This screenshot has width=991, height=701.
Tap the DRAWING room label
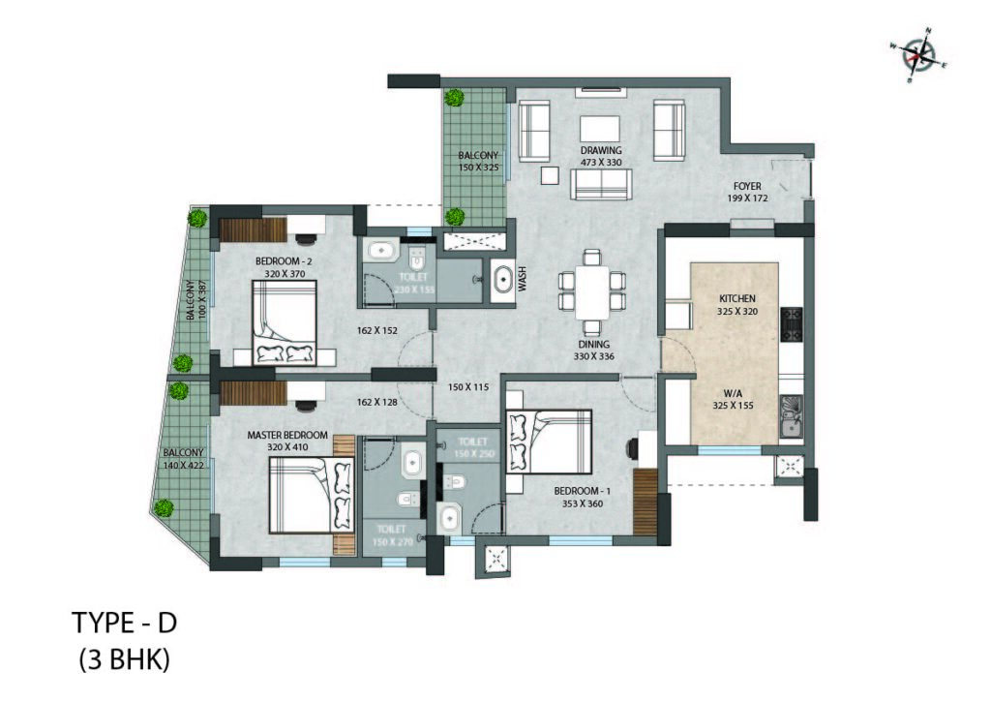click(x=601, y=150)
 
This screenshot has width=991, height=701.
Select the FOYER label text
click(x=747, y=187)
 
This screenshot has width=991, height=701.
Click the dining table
click(x=592, y=292)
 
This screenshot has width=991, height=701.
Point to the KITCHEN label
click(x=736, y=298)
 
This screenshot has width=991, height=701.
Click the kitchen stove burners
click(x=792, y=324)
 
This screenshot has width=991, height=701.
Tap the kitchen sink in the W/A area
click(x=791, y=417)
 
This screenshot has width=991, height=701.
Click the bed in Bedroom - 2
click(x=284, y=323)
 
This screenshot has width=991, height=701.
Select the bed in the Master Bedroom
click(x=311, y=496)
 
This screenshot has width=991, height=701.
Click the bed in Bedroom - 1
click(x=549, y=442)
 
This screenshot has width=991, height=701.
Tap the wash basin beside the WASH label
click(x=503, y=280)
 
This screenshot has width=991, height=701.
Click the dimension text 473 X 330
click(x=601, y=162)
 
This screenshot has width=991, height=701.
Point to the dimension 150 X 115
click(x=468, y=387)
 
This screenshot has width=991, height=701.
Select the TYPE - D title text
click(x=125, y=623)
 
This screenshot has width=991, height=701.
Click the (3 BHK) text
click(x=125, y=660)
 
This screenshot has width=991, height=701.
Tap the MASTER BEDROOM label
click(x=287, y=435)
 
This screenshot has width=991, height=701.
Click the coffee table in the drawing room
click(x=600, y=129)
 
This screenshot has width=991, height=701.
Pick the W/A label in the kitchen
click(x=734, y=393)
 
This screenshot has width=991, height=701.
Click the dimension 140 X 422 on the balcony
click(x=184, y=465)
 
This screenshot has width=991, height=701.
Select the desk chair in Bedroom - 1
click(x=633, y=448)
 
